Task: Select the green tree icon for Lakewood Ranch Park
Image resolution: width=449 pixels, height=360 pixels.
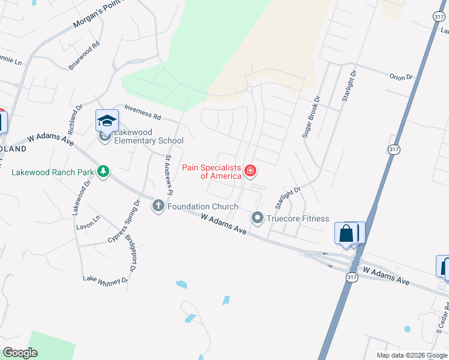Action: [x=103, y=172]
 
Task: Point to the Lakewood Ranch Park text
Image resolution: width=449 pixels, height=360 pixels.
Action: [x=53, y=173]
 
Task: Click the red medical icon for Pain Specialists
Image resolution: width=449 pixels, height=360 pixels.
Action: [x=250, y=172]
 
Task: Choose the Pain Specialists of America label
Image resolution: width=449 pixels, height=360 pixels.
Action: [x=212, y=172]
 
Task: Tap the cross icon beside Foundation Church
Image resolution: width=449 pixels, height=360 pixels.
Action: [x=158, y=206]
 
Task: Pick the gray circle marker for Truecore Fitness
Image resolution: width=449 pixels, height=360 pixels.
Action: [x=258, y=218]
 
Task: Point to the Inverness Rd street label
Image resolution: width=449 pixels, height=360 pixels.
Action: [x=143, y=112]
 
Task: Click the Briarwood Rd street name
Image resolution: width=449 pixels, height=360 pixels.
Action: [x=84, y=56]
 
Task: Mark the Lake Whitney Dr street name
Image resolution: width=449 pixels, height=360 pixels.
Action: [x=106, y=280]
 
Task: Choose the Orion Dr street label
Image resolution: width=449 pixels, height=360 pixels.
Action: [x=402, y=77]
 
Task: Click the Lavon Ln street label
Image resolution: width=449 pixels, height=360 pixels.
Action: [x=88, y=223]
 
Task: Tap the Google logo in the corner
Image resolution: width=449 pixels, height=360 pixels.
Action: [x=20, y=353]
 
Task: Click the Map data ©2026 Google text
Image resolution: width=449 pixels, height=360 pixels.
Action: [x=411, y=355]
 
